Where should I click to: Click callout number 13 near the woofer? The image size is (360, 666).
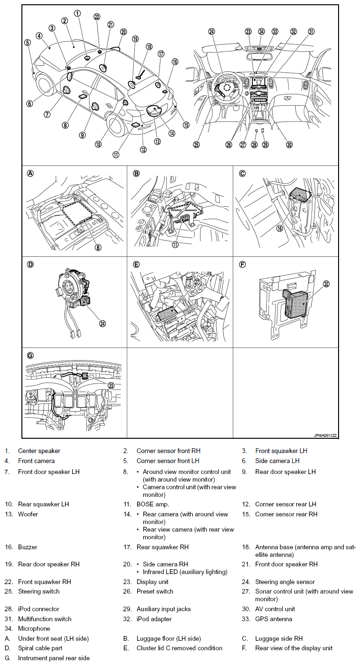(157, 141)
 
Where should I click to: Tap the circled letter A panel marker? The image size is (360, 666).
(30, 173)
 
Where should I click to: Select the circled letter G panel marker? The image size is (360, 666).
(30, 355)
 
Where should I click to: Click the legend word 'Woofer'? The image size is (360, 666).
(28, 514)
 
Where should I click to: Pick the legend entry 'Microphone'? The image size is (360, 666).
(34, 629)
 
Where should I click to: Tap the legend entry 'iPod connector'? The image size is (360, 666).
(39, 609)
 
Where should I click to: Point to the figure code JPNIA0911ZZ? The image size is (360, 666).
(325, 435)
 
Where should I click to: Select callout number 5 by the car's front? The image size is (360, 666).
(28, 42)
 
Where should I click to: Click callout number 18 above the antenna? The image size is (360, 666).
(149, 47)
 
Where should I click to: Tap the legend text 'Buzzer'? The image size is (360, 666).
(28, 547)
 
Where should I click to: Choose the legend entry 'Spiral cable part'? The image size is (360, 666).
(40, 648)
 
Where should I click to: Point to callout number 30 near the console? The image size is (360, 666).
(289, 145)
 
